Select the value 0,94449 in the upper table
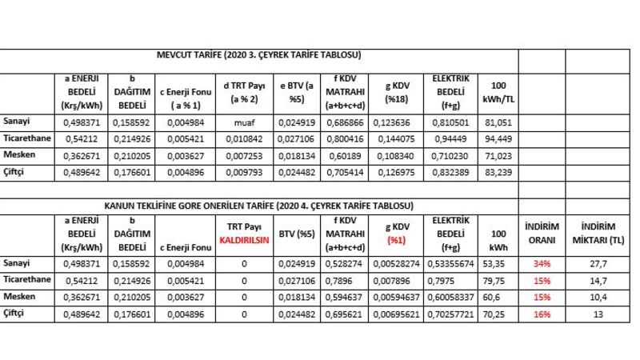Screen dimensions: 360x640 [445, 138]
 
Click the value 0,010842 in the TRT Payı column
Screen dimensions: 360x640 [244, 138]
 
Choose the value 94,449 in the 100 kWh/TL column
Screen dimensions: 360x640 [498, 138]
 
